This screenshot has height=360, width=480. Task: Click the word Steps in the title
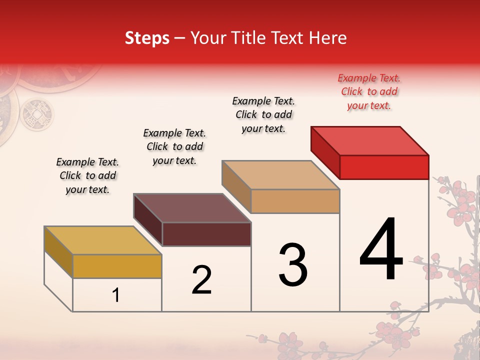(x=147, y=38)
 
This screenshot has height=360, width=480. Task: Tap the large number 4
(x=381, y=250)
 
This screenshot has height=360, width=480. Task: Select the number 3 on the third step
(x=293, y=265)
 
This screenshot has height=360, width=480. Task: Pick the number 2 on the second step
(x=202, y=280)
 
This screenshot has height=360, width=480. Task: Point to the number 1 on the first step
(x=116, y=295)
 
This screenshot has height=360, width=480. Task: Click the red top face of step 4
(x=370, y=140)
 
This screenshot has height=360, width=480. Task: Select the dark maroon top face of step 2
(x=192, y=207)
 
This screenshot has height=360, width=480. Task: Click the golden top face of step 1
(x=102, y=240)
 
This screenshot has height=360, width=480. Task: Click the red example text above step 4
(x=369, y=91)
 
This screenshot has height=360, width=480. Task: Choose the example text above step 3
(x=264, y=114)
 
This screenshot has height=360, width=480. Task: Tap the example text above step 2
(x=174, y=146)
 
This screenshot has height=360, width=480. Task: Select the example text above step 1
(x=87, y=175)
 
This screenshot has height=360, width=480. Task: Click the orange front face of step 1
(x=117, y=266)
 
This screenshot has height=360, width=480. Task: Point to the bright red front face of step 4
(x=384, y=167)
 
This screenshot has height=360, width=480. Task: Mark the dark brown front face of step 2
(x=206, y=234)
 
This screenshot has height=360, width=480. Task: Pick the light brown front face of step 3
(x=295, y=201)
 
